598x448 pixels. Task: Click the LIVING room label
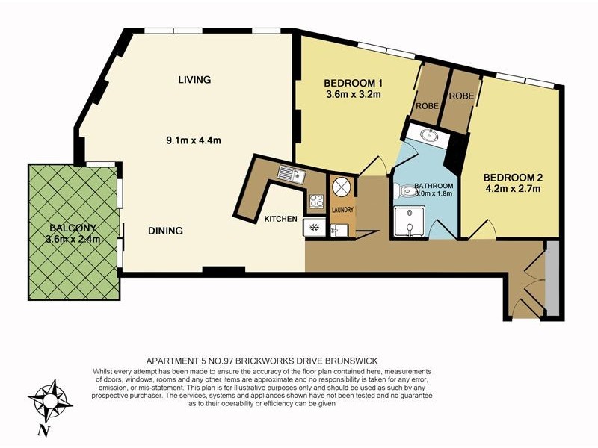[x=194, y=80]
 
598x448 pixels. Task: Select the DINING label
[x=165, y=231]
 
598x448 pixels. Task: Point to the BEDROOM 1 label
[x=354, y=83]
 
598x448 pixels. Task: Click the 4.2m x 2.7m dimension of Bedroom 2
[x=511, y=189]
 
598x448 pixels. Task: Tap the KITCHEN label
[x=281, y=219]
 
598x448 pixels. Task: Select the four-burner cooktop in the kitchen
[x=315, y=201]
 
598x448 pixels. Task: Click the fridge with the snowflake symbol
[x=314, y=228]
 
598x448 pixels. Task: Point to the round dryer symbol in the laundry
[x=342, y=186]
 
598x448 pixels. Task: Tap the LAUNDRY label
[x=342, y=210]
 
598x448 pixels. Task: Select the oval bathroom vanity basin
[x=429, y=136]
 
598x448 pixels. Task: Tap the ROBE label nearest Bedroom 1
[x=428, y=107]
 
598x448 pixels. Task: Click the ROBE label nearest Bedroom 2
[x=460, y=96]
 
